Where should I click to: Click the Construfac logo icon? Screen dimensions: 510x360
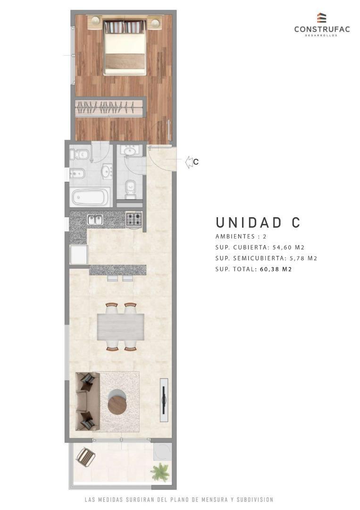(322, 18)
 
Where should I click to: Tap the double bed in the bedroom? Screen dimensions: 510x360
(125, 47)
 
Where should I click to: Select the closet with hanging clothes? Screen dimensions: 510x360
(109, 108)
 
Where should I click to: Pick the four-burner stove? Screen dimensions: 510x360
(134, 219)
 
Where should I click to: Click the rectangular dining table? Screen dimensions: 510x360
(121, 327)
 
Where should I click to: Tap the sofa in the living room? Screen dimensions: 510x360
(88, 401)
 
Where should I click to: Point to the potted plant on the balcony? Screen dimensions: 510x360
(160, 471)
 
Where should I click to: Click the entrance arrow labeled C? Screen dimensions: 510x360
(191, 162)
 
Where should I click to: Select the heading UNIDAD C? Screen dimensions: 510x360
(258, 222)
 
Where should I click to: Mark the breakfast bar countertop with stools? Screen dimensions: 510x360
(117, 270)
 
